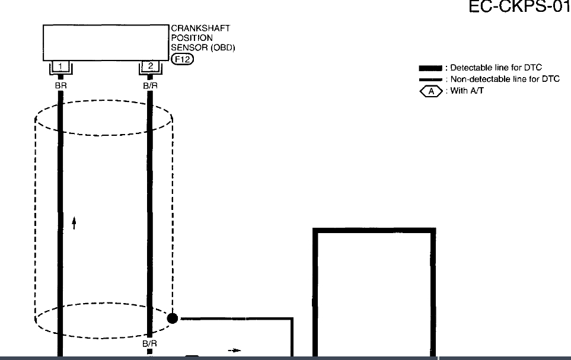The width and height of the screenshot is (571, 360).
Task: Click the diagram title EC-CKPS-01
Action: pos(518,8)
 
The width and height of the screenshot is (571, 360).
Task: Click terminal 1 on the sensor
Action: pos(60,66)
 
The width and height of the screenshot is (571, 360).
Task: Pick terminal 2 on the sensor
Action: pos(150,66)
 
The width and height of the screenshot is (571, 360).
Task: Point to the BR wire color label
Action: pos(60,85)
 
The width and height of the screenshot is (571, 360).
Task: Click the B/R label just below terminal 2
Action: pos(150,85)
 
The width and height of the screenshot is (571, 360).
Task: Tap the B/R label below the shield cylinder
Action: pos(150,343)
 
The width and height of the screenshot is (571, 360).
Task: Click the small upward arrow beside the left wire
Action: pos(74,222)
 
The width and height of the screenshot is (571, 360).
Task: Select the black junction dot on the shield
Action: pos(173,318)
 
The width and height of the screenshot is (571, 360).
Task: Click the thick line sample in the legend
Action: pos(430,68)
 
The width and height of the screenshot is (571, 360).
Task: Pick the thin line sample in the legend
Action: pos(430,79)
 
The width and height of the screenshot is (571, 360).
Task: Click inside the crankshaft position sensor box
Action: pos(106,42)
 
